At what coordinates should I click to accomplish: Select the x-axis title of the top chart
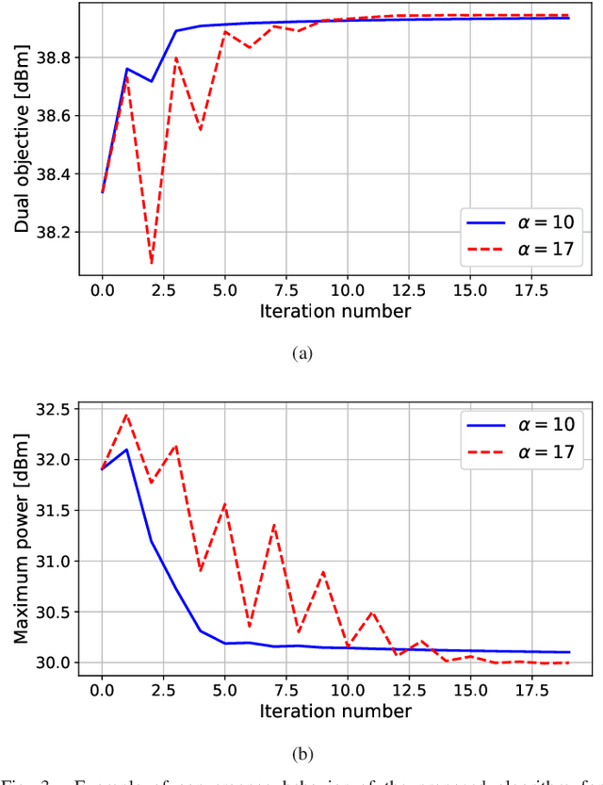coord(336,309)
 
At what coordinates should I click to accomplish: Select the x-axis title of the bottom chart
coord(336,710)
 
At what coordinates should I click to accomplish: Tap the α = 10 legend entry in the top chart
coord(524,223)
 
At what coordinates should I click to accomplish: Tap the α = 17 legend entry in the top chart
coord(524,250)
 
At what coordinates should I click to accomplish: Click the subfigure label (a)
coord(301,353)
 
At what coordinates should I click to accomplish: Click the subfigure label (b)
coord(301,754)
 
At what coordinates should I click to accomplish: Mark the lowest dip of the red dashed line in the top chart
coord(151,263)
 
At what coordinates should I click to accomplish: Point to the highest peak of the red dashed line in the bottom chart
coord(126,415)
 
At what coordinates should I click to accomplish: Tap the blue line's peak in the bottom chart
coord(126,450)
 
